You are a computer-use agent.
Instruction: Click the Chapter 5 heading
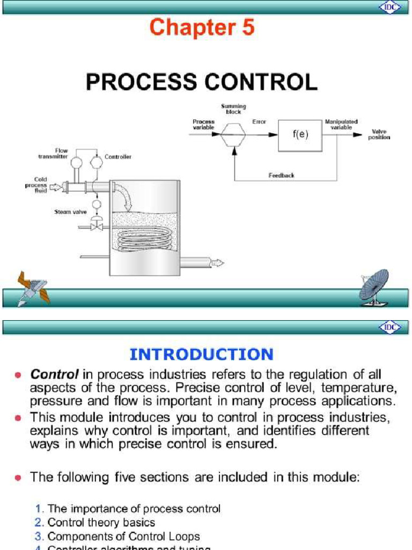point(202,28)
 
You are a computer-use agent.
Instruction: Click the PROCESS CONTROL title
point(202,82)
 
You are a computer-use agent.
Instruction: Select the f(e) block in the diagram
point(300,135)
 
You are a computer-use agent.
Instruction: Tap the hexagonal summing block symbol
point(233,134)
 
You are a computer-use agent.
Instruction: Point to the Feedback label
point(281,176)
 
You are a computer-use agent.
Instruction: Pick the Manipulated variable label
point(341,125)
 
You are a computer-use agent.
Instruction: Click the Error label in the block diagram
point(259,122)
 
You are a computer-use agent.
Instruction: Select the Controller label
point(118,157)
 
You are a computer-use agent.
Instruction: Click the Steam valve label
point(67,212)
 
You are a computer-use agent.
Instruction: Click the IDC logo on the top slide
point(390,8)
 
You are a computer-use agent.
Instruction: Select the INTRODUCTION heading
point(202,354)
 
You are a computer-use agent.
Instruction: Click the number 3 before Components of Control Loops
point(40,536)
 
